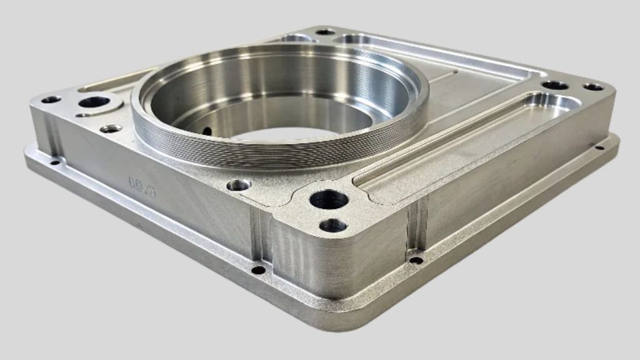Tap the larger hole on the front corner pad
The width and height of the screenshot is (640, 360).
point(329,200)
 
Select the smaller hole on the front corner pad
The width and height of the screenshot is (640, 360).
point(333,225)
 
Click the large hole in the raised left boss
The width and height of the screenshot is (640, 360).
point(94,102)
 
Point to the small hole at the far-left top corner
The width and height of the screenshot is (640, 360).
point(51,99)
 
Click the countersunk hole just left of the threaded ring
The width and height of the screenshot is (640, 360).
point(111,129)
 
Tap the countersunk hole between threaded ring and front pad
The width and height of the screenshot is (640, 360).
point(239,185)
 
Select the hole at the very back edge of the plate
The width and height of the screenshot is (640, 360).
point(325,32)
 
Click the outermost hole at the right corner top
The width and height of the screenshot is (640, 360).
point(593,87)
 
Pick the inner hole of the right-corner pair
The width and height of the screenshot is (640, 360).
point(554,85)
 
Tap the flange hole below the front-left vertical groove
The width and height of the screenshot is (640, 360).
point(258,270)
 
